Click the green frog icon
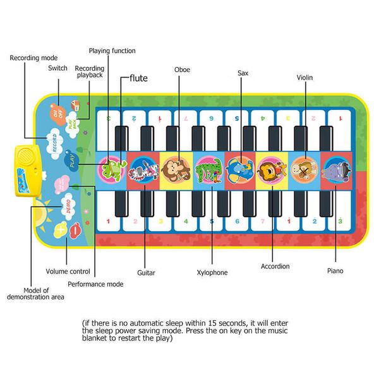pos(112,169)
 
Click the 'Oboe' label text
pos(182,69)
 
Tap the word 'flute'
pos(138,78)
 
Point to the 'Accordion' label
pos(275,266)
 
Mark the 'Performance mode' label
pos(95,284)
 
